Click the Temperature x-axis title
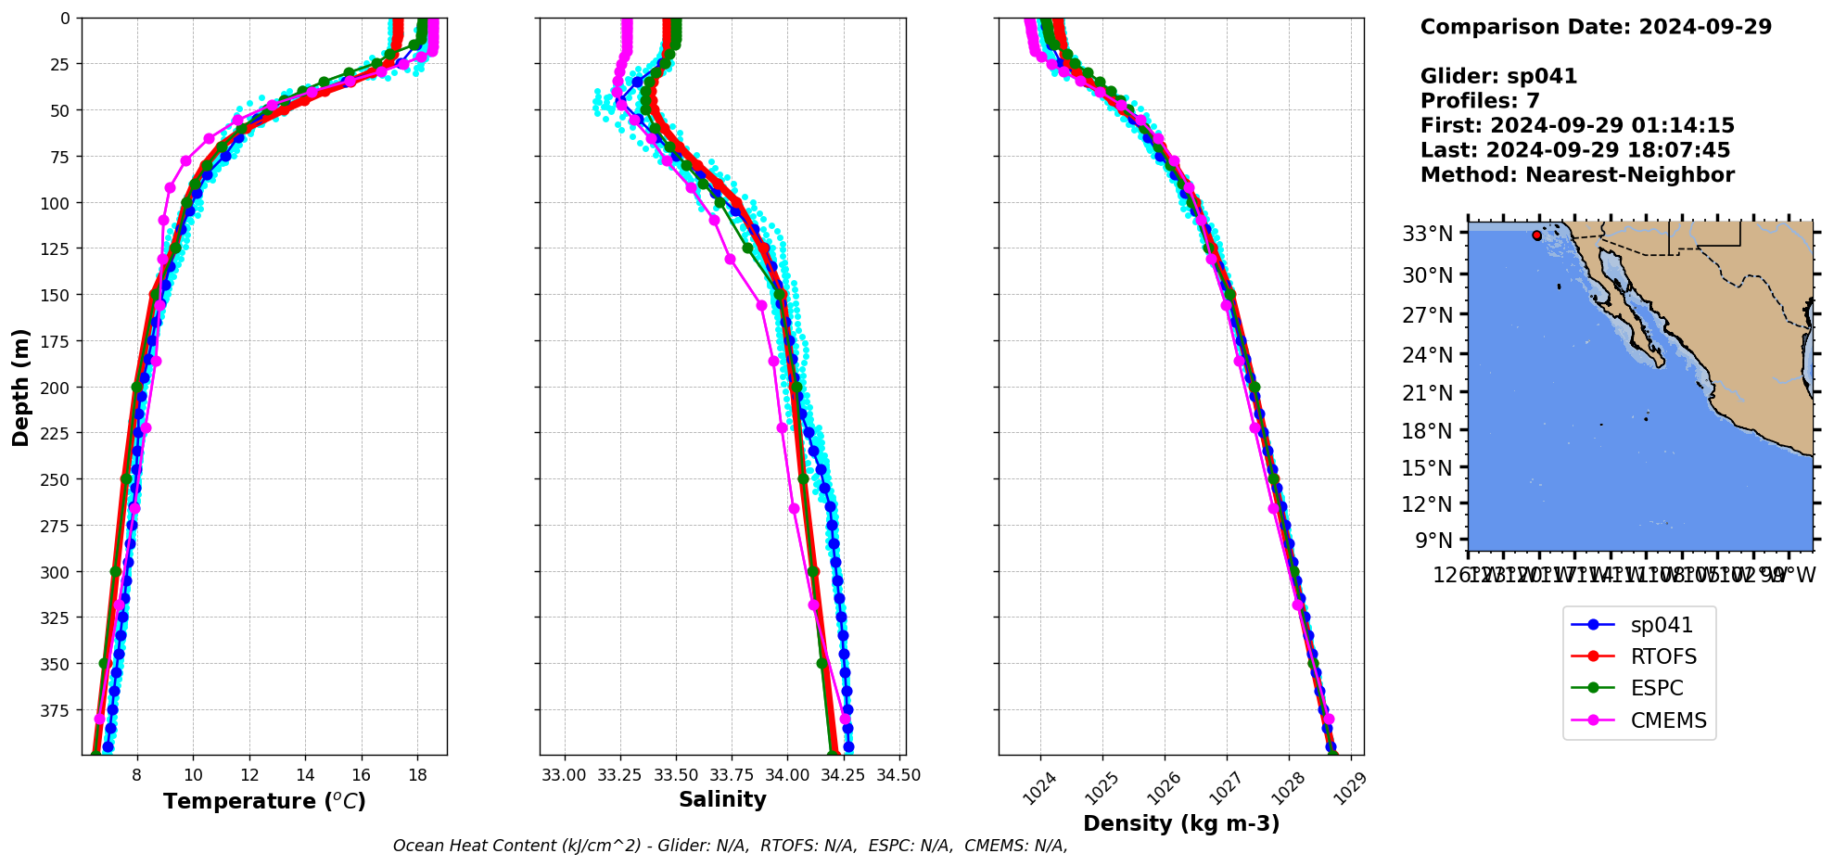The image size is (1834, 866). pos(264,801)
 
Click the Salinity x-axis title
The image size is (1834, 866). pos(722,799)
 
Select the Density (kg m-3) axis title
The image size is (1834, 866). pos(1181,823)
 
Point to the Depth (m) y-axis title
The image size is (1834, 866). pos(20,387)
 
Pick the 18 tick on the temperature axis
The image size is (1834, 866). pos(417,775)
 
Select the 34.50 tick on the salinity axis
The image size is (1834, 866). pos(898,775)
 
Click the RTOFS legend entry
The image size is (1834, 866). pos(1663,656)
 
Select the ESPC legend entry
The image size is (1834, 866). pos(1657,688)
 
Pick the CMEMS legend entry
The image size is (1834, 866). pos(1668,720)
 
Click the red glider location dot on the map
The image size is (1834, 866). pos(1536,236)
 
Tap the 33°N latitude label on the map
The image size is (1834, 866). pos(1427,234)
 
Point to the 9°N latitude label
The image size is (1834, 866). pos(1433,540)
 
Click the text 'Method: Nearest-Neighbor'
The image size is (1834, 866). pos(1576,175)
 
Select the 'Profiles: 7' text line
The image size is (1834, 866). pos(1480,101)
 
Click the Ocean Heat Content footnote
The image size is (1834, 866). pos(730,846)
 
